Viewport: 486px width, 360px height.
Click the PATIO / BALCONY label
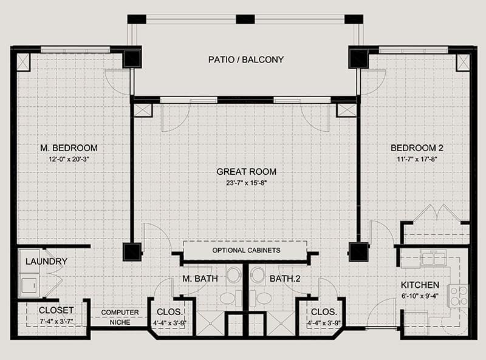pos(246,59)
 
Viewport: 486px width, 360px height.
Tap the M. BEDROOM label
pos(69,148)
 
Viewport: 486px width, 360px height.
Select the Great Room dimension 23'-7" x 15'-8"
pos(247,183)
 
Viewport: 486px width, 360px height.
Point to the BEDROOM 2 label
pos(417,148)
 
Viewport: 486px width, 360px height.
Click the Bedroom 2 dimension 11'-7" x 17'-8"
pos(417,159)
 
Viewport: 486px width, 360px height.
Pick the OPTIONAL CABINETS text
pos(246,250)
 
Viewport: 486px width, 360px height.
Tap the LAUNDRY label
pos(46,261)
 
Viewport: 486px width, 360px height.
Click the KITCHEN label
pos(420,285)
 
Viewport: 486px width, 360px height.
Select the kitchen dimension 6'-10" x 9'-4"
pos(419,296)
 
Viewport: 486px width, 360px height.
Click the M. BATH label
pos(200,279)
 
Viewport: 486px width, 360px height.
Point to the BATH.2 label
pos(285,279)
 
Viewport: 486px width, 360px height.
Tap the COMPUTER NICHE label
pos(120,318)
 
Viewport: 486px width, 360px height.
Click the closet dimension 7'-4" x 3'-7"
pos(56,321)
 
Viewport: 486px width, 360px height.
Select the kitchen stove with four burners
pos(458,296)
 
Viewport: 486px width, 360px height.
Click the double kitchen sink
pos(434,258)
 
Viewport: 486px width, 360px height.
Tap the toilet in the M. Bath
pos(231,297)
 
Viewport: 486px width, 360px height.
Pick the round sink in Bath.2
pos(258,274)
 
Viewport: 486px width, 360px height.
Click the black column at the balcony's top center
pos(245,19)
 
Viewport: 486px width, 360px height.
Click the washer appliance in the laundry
pos(29,285)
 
